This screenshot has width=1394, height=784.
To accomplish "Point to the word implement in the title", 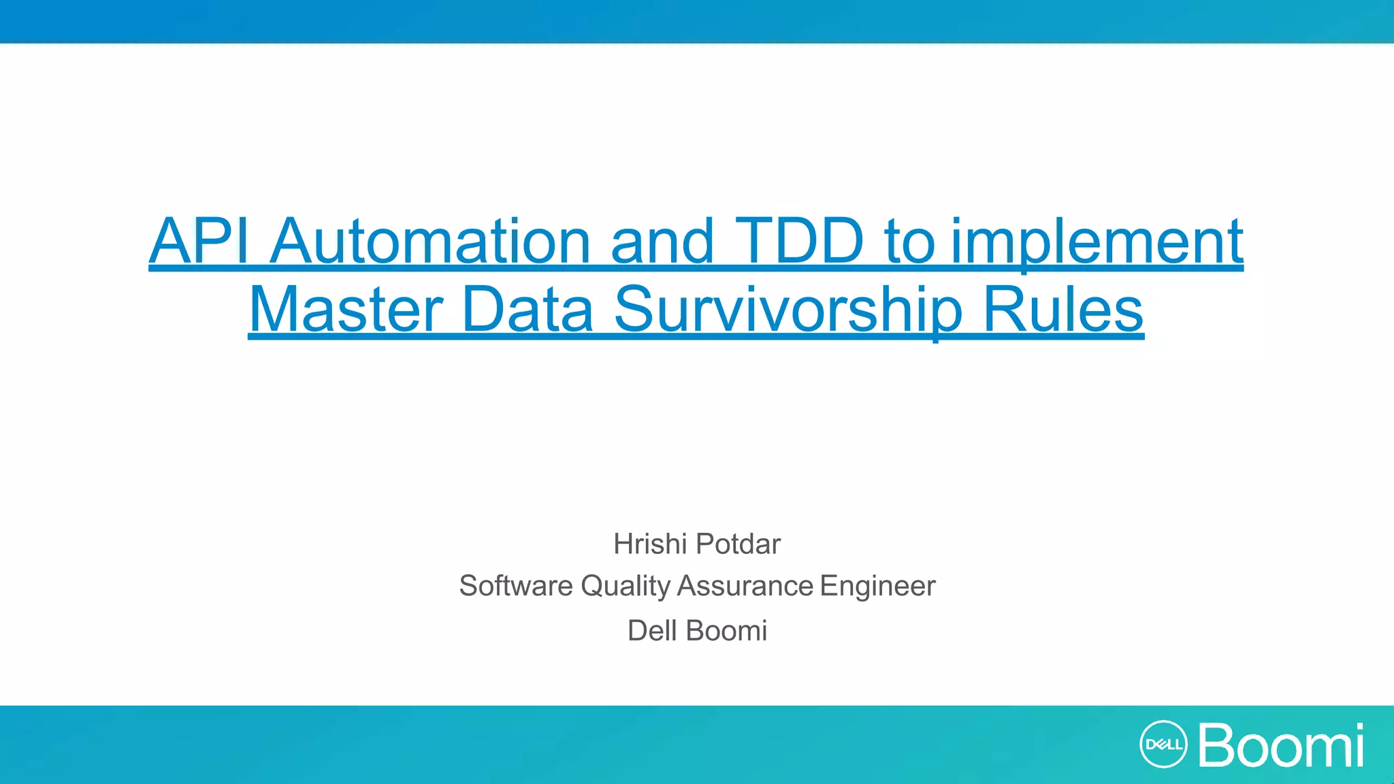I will [1097, 242].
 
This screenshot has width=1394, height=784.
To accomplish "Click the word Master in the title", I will [346, 310].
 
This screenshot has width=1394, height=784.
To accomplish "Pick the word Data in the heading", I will [528, 310].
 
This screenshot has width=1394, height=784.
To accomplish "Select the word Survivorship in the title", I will [788, 311].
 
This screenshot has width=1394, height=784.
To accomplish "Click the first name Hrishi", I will [650, 544].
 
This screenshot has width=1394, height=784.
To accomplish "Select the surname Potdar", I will [739, 544].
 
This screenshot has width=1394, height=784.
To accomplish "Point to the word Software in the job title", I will [516, 586].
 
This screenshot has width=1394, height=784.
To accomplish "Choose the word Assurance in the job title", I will [745, 586].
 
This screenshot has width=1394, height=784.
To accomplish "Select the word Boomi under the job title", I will [727, 631].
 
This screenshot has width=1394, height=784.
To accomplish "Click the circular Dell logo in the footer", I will [1163, 745].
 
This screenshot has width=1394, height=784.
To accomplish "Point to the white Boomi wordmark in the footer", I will [1281, 745].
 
